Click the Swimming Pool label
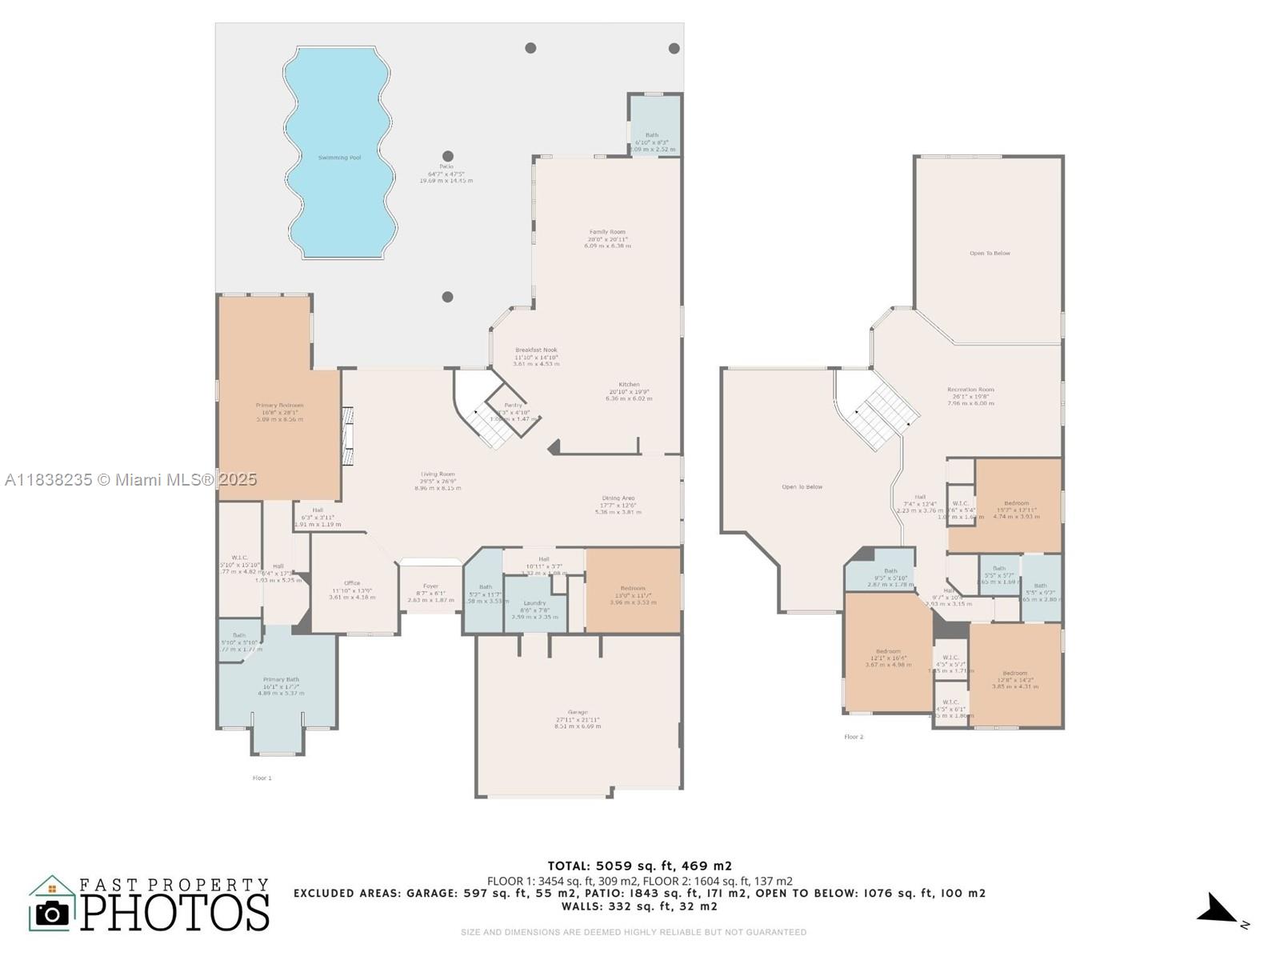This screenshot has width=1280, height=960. tap(339, 158)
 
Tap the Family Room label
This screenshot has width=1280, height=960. tap(607, 232)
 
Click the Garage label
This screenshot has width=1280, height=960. tap(577, 712)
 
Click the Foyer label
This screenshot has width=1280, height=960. tap(430, 586)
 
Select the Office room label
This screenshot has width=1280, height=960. tap(352, 583)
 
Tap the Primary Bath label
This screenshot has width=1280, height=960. tap(281, 679)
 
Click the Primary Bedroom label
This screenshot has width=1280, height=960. tap(279, 406)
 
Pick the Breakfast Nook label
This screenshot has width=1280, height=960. tap(536, 350)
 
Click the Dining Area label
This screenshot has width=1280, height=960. tap(618, 498)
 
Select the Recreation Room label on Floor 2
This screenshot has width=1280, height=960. tap(970, 390)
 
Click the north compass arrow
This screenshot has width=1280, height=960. tap(1217, 910)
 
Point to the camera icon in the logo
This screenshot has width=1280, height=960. tap(53, 913)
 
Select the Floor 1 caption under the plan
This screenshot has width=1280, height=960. tap(262, 778)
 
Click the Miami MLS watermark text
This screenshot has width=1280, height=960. tap(130, 479)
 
